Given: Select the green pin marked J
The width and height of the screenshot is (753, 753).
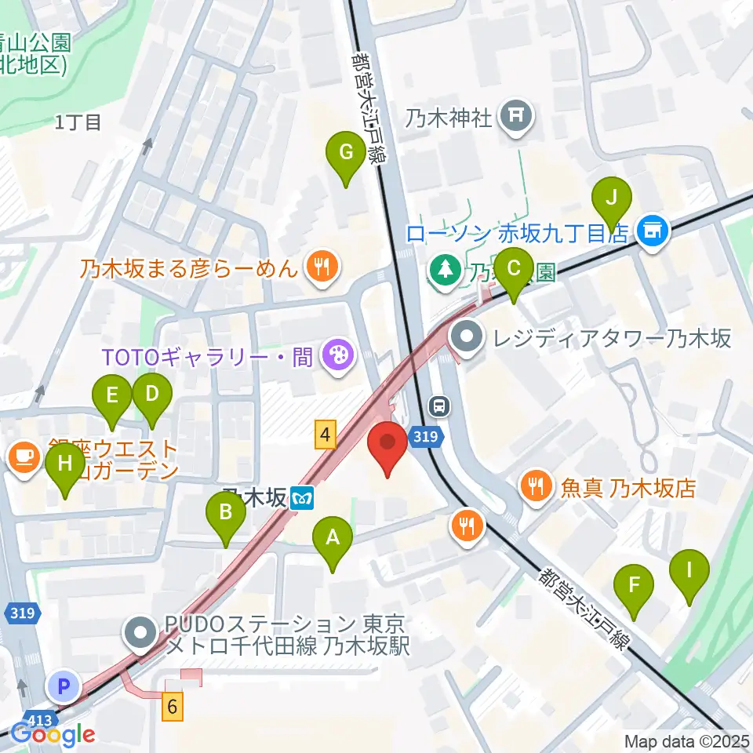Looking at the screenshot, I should [x=612, y=198].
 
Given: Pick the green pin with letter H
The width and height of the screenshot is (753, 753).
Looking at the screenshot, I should [x=64, y=465].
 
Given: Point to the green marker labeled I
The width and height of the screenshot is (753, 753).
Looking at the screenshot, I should [x=689, y=570].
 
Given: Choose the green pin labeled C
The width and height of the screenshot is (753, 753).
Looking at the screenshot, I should [x=514, y=269].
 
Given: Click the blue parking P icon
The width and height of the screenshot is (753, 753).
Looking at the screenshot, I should [x=64, y=687].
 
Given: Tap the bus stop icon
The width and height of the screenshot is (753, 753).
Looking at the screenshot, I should [x=440, y=406].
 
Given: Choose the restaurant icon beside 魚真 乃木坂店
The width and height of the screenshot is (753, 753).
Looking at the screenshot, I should [x=537, y=488].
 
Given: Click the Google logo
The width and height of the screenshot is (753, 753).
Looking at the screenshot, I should [x=53, y=734].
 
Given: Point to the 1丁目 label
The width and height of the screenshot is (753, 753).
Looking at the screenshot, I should [x=78, y=122].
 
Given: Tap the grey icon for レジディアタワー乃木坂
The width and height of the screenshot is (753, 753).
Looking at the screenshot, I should [x=468, y=338].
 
